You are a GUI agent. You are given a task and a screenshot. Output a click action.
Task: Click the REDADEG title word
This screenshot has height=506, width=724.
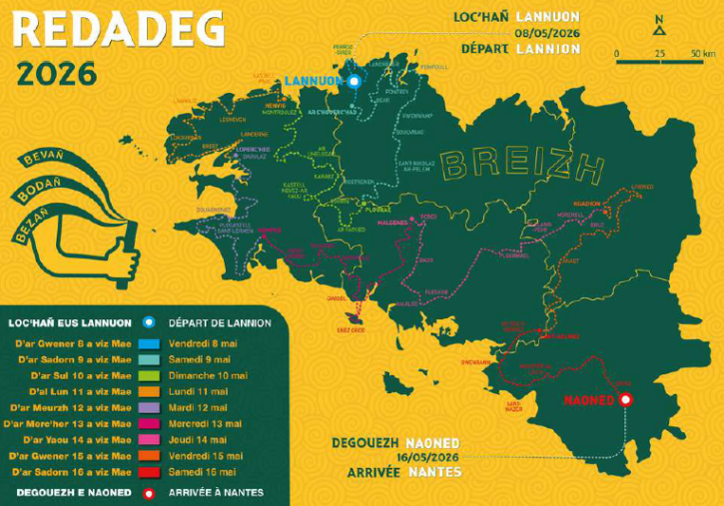pos(118,29)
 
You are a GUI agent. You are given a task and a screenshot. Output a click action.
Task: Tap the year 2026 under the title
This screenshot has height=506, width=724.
pos(57,74)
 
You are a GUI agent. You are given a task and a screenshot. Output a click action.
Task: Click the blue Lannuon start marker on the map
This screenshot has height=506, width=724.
pos(354,80)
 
